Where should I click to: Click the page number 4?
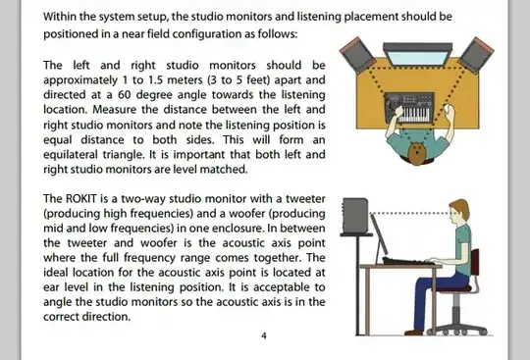264,335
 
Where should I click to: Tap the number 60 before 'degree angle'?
125,94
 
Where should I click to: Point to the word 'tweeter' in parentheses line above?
305,199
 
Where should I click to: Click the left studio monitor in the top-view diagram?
357,54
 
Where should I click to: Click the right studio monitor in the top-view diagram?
476,55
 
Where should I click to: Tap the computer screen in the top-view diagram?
418,54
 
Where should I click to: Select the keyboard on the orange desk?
409,108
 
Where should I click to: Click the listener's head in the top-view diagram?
417,153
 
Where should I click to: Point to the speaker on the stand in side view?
355,215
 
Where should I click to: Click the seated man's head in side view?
459,212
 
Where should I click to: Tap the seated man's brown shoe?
413,333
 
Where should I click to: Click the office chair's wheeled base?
457,329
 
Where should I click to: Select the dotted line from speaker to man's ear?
410,214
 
